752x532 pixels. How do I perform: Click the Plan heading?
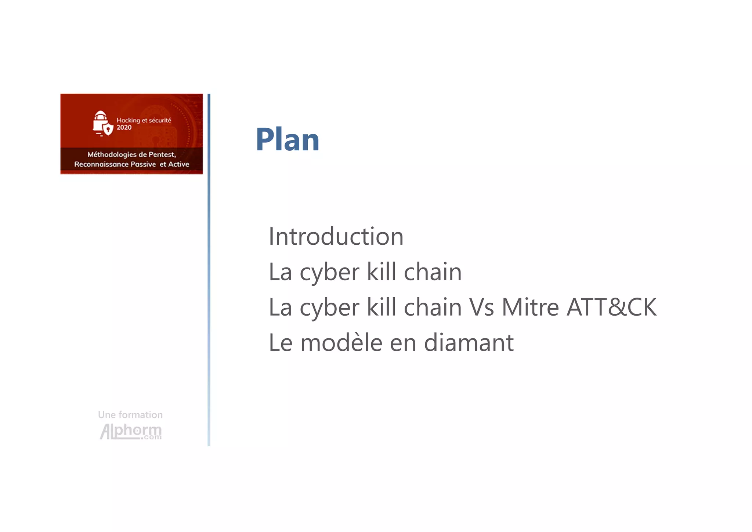[287, 140]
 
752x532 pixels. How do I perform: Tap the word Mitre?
[530, 307]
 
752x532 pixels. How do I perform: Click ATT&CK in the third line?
[611, 307]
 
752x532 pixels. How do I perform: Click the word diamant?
[469, 342]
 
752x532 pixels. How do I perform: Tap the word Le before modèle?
[281, 342]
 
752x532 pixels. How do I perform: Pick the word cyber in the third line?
[329, 308]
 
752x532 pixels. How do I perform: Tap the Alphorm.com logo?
[131, 431]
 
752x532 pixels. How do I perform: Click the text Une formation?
[130, 415]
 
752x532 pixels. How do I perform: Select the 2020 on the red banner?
[124, 127]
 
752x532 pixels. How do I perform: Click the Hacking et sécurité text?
[144, 120]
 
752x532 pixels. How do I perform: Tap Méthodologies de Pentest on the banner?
[131, 155]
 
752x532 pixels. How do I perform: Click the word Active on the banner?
[178, 164]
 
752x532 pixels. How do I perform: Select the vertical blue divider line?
[209, 270]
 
